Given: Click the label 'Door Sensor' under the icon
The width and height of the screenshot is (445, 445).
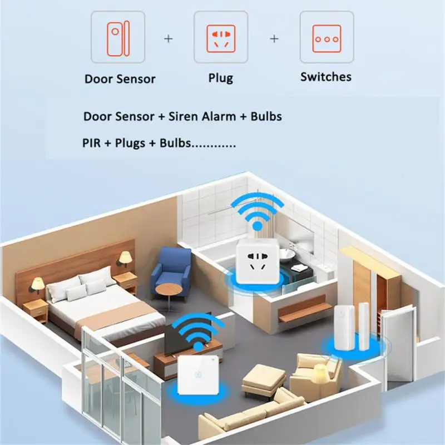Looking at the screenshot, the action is pos(120,78).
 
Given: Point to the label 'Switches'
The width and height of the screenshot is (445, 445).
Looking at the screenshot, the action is pos(326,76).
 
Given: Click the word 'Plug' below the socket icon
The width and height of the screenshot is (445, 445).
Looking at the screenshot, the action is pos(221,78).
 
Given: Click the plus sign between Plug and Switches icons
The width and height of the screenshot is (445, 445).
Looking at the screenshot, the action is pos(274,39).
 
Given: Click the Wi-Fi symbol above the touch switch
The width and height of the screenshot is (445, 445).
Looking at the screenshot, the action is pos(197,332).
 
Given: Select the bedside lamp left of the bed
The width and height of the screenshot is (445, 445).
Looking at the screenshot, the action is pos(37,285).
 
